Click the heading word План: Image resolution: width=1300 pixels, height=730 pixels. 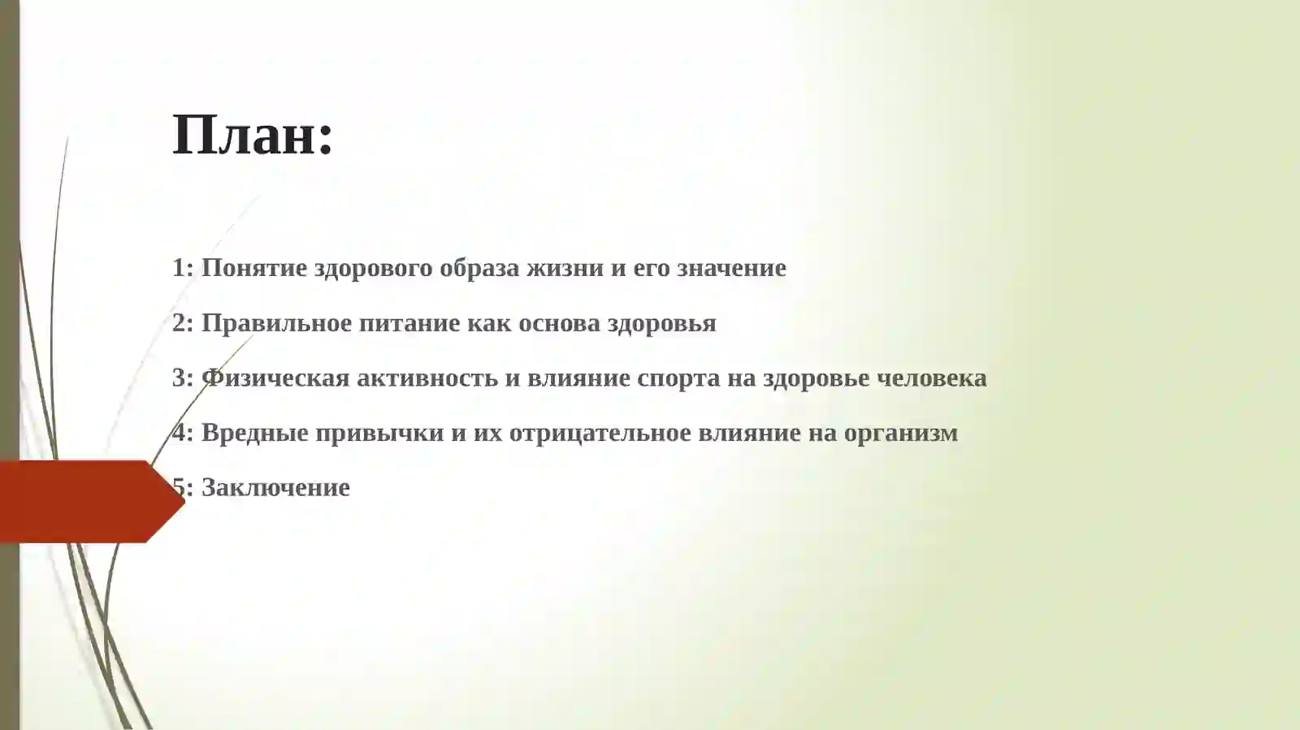[x=253, y=135]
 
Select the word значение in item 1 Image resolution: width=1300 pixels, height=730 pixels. [x=731, y=268]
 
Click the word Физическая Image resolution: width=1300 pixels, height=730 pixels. [x=275, y=378]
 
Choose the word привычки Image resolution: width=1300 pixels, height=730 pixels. [x=379, y=433]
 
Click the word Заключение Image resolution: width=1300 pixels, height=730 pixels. [x=275, y=487]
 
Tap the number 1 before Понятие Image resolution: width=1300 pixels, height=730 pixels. [x=179, y=268]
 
